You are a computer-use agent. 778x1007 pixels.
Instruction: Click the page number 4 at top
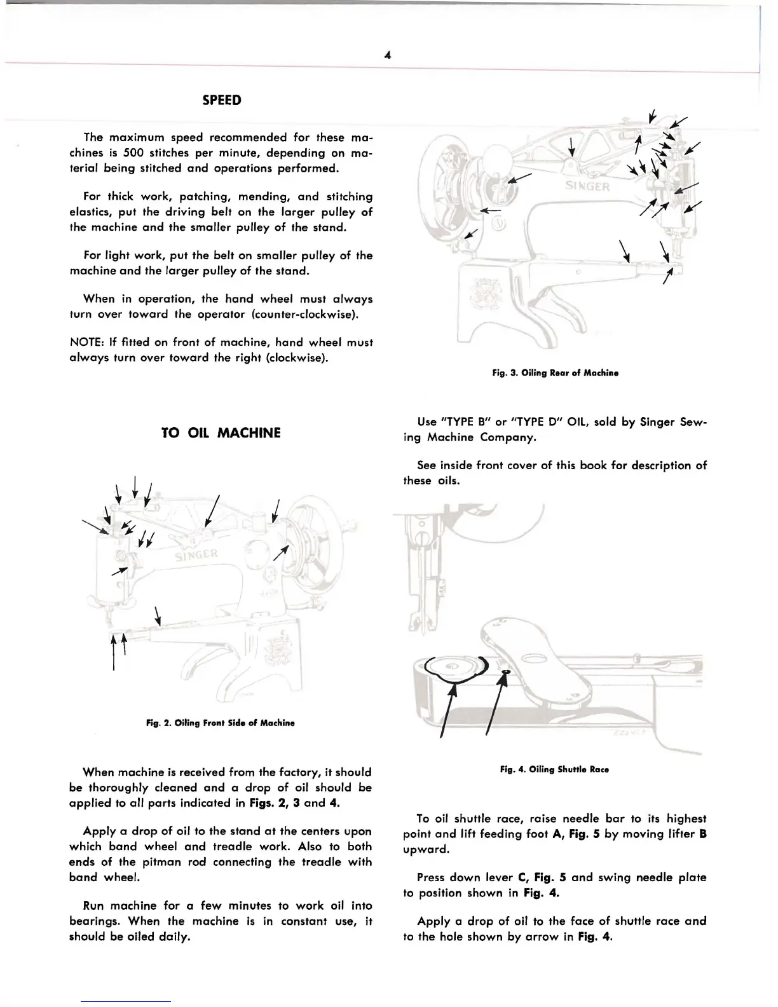click(x=387, y=55)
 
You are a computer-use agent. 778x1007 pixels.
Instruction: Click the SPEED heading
click(x=221, y=100)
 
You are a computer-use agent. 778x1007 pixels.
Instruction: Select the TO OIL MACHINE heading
click(x=221, y=434)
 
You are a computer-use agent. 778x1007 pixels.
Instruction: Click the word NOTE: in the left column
click(x=86, y=343)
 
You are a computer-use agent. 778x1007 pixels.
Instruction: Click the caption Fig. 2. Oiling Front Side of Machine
click(x=221, y=723)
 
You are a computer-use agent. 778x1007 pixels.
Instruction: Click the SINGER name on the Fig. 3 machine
click(x=586, y=186)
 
